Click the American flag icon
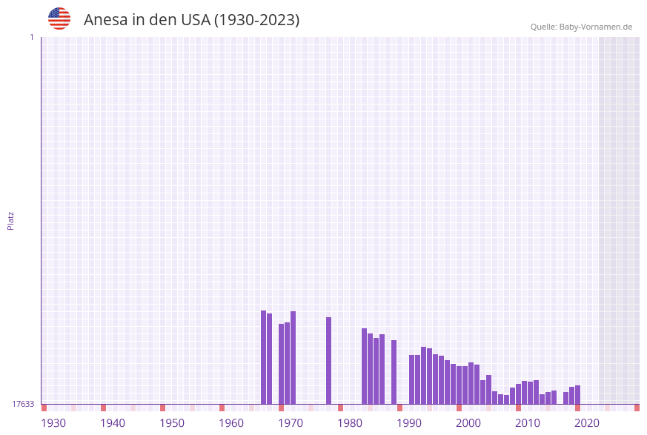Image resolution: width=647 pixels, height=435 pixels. (59, 19)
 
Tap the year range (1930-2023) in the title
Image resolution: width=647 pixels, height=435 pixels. (256, 20)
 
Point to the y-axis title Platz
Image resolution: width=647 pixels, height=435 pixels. (11, 220)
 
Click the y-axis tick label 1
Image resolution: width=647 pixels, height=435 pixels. (31, 37)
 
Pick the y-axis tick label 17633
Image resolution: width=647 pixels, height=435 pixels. (23, 404)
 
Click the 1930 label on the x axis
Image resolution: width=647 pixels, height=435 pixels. (53, 423)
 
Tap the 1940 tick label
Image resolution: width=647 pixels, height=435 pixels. (113, 423)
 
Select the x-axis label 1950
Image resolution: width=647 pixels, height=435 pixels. (172, 423)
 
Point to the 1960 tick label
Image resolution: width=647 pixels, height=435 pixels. (231, 423)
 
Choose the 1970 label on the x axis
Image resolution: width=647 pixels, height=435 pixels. (291, 423)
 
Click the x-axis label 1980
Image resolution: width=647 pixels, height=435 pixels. (350, 423)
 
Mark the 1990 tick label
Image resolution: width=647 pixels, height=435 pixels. (409, 423)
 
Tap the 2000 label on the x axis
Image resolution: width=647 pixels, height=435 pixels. (468, 423)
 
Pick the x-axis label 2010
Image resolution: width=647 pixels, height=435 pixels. (528, 423)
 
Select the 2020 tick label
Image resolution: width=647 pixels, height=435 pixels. (587, 423)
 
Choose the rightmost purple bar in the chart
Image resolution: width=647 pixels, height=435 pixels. (577, 394)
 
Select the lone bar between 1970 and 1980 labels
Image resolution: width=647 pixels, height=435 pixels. (328, 360)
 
